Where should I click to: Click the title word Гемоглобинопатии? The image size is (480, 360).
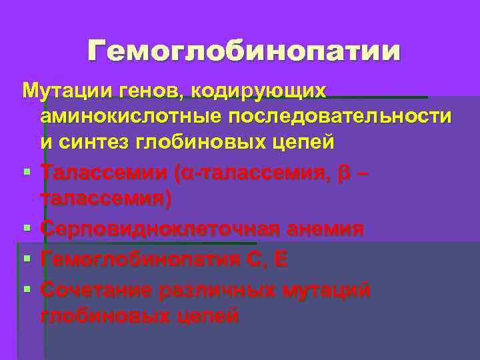(x=245, y=51)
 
